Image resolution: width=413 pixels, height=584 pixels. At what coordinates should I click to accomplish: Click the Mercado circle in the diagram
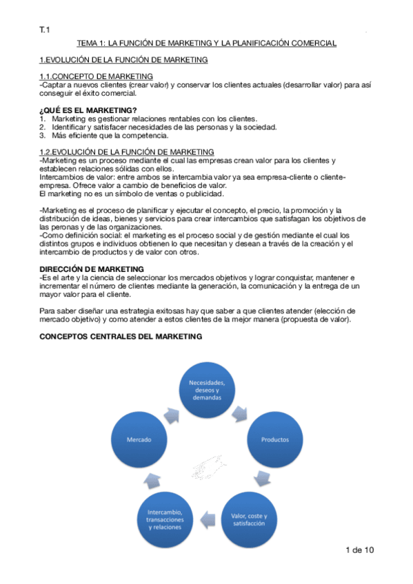click(x=139, y=439)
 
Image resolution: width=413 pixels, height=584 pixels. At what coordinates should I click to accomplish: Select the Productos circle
click(x=274, y=439)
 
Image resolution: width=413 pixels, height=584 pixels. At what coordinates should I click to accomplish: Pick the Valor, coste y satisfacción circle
click(x=248, y=519)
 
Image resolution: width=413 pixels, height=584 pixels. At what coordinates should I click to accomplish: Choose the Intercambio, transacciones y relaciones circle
click(x=165, y=519)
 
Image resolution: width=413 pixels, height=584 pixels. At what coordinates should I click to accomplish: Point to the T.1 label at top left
click(x=45, y=29)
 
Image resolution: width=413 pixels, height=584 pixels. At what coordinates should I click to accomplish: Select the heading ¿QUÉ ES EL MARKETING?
click(x=88, y=110)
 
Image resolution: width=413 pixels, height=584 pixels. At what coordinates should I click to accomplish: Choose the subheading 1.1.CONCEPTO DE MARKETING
click(x=96, y=76)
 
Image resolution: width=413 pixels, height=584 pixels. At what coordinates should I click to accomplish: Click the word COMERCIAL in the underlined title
click(x=310, y=43)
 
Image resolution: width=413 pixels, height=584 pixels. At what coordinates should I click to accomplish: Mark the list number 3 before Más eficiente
click(x=42, y=135)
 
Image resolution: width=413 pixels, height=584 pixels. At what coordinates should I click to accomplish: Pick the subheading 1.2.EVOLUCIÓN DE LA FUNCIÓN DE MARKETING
click(x=126, y=152)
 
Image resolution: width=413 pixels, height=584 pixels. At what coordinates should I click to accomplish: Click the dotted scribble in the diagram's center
click(x=208, y=468)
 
